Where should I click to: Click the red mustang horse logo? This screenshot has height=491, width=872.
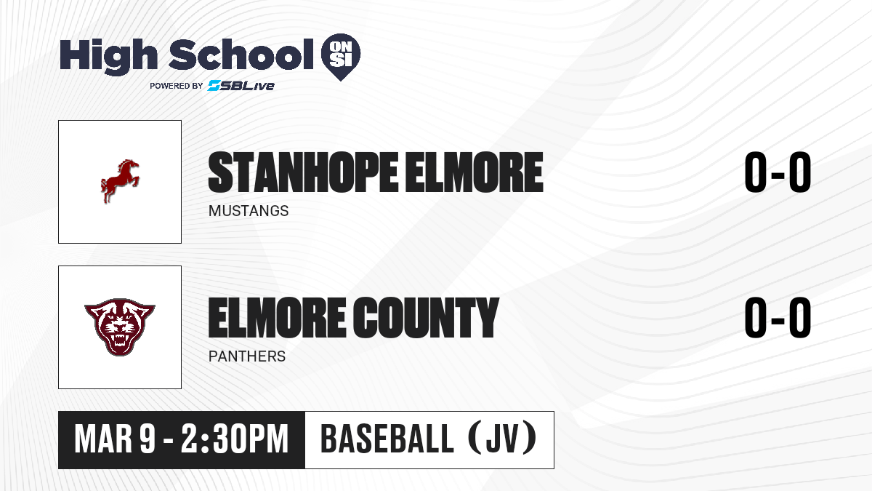coord(120,181)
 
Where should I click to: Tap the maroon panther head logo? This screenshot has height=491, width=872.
coord(120,327)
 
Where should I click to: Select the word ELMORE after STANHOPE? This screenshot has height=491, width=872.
coord(474,172)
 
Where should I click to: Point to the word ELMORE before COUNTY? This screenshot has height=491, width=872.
coord(277,318)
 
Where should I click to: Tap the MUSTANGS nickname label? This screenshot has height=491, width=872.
coord(249,211)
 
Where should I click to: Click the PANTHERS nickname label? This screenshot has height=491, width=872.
coord(247,356)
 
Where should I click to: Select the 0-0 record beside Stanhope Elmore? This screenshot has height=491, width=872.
coord(778,172)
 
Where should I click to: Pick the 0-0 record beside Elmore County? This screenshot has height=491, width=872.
coord(778,318)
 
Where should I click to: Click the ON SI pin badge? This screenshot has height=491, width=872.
coord(341,57)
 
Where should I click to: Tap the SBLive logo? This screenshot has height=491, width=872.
coord(241,86)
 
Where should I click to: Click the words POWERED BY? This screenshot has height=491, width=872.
coord(177,86)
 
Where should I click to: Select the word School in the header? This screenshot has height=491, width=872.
coord(241,55)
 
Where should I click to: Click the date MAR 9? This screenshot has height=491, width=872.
coord(115,439)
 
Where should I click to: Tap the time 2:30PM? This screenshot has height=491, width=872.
coord(234,439)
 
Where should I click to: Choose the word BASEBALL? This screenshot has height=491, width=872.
coord(387,439)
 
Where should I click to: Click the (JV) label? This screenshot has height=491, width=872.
coord(503,439)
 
